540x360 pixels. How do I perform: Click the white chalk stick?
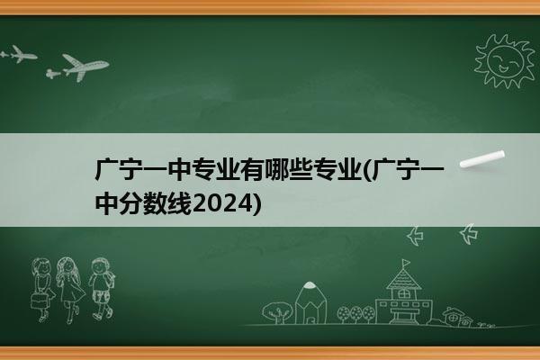[x=482, y=159]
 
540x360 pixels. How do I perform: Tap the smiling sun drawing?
[x=504, y=61]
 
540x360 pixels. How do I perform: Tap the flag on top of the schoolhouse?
[x=406, y=263]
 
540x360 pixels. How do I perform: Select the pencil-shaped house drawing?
[x=310, y=302]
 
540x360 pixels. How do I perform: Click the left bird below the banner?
[x=415, y=236]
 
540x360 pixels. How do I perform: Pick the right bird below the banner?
[x=469, y=234]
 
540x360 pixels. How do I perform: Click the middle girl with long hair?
[x=70, y=290]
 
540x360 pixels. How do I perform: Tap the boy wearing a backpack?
[x=102, y=289]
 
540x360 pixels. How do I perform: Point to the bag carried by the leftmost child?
[x=39, y=301]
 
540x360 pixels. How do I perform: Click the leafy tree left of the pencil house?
[x=277, y=312]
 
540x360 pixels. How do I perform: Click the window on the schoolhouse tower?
[x=403, y=294]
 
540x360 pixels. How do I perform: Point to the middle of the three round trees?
[x=356, y=314]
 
